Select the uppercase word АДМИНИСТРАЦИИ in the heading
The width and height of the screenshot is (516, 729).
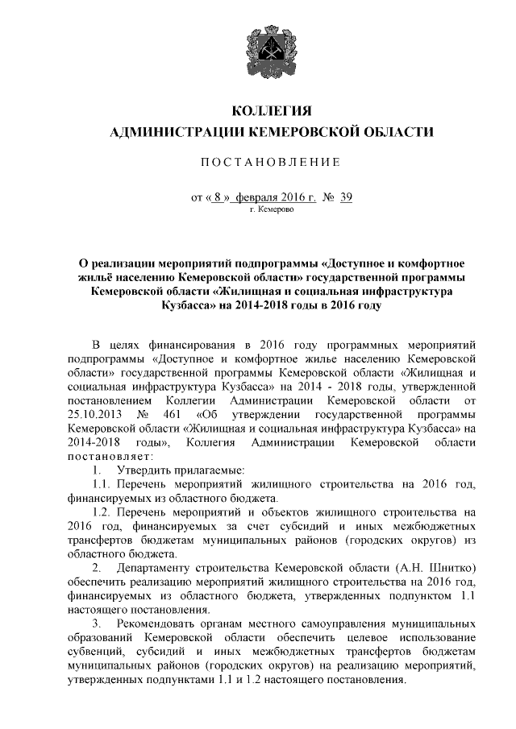click(178, 132)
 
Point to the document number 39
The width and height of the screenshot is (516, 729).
click(347, 197)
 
